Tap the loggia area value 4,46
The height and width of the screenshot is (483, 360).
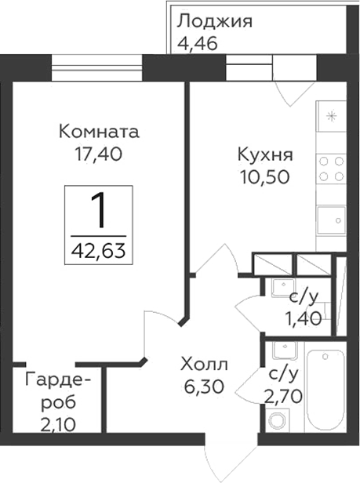pos(197,42)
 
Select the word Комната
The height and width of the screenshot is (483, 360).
pos(99,131)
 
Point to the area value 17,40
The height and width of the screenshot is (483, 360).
pos(99,154)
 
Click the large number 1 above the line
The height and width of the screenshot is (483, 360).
pos(100,209)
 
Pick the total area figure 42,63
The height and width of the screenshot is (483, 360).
pos(100,252)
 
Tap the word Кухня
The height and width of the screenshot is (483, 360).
pos(265,154)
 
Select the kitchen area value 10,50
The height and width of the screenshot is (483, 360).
pos(265,177)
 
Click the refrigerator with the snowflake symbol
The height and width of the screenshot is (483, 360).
pos(330,119)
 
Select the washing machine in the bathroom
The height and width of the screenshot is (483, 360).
pos(277,421)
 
